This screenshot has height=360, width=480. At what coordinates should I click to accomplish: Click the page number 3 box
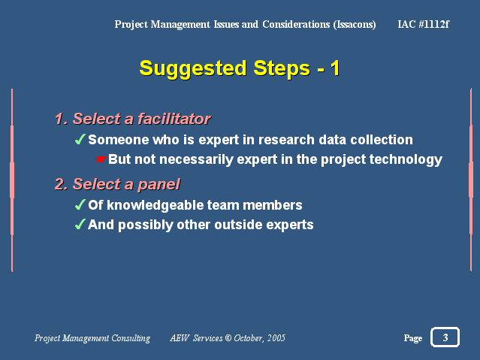click(x=445, y=337)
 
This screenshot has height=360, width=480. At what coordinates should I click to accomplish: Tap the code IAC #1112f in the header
click(x=424, y=24)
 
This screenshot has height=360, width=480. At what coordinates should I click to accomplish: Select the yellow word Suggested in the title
click(x=193, y=68)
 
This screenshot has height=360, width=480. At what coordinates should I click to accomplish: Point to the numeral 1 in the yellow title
click(x=335, y=68)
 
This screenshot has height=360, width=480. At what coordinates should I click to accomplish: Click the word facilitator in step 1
click(x=174, y=119)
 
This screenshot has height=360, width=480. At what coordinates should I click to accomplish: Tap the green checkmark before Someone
click(x=80, y=139)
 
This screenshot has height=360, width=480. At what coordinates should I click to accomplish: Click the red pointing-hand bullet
click(x=101, y=159)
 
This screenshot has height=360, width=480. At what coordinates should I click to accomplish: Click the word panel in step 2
click(x=159, y=184)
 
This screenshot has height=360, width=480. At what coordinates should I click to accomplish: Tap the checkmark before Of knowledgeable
click(x=80, y=204)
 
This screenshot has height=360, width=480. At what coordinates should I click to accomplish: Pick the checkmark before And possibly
click(x=80, y=224)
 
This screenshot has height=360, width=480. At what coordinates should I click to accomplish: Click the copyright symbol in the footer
click(x=228, y=338)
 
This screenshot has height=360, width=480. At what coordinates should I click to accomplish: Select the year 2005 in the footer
click(x=276, y=338)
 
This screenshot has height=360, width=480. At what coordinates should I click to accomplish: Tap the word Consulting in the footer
click(x=131, y=338)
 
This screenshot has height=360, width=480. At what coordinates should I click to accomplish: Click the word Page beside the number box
click(x=413, y=338)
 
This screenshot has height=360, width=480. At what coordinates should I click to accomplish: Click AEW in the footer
click(x=180, y=338)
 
